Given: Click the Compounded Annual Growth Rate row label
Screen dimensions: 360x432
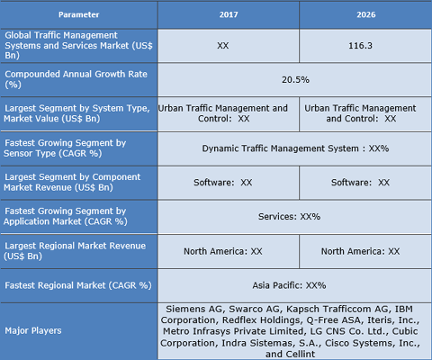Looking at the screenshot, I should tap(78, 79).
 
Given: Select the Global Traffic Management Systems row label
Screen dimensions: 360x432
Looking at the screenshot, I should tap(78, 45).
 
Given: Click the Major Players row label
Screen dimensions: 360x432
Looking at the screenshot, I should tap(78, 330).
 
